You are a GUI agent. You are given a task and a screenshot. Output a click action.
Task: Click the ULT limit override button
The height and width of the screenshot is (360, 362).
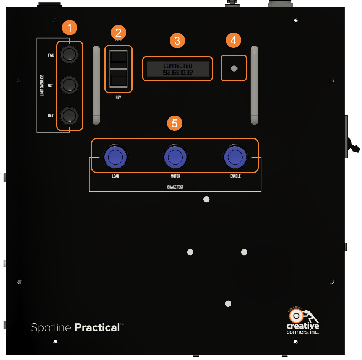69,85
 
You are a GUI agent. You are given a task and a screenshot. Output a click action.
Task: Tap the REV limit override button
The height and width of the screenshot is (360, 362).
69,116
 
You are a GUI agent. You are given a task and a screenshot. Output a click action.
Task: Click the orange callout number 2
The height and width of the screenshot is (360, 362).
119,32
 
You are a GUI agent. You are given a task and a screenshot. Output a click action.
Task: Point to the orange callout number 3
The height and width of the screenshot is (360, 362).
177,41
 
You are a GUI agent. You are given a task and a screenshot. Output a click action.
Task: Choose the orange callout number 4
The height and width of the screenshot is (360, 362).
234,40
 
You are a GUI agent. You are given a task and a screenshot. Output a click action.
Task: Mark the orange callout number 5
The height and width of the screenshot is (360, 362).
175,123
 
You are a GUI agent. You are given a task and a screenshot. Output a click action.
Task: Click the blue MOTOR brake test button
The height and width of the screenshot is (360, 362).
175,156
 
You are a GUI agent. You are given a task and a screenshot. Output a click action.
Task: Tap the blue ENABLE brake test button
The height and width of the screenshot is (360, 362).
235,156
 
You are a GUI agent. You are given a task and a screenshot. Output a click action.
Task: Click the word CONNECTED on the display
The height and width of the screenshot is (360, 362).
178,66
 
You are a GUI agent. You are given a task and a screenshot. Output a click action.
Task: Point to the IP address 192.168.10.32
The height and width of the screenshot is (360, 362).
178,72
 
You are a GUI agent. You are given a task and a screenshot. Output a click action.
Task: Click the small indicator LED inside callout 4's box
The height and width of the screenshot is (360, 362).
234,69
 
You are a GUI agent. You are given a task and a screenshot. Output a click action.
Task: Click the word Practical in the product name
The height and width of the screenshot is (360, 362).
97,327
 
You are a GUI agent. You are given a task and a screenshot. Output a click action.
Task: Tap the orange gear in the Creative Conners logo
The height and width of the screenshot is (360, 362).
295,316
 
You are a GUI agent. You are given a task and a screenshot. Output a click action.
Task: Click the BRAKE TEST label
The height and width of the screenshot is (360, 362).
175,187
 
